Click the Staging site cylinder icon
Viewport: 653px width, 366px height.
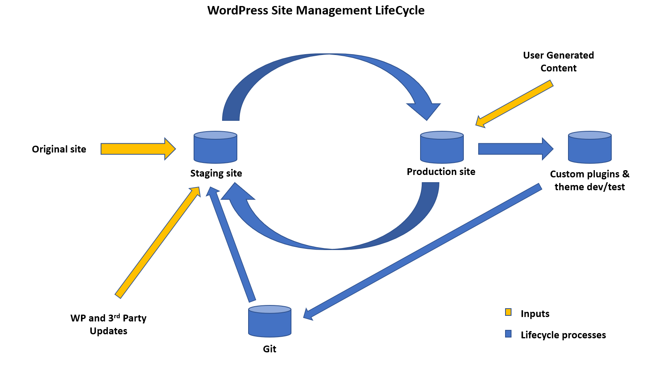[215, 147]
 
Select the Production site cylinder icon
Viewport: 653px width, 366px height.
[442, 147]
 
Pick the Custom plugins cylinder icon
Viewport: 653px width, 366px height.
[590, 147]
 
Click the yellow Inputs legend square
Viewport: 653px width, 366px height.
[508, 312]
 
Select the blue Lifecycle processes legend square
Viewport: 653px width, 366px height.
[508, 334]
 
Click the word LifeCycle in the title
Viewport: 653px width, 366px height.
[400, 10]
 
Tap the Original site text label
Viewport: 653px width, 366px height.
[59, 149]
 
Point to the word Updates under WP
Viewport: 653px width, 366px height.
[108, 331]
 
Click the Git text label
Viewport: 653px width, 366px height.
[269, 349]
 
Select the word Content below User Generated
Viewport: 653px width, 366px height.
[558, 68]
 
